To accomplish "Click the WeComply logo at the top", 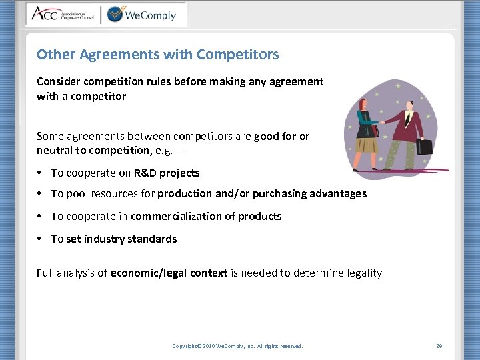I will [x=141, y=14].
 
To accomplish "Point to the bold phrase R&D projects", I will [x=166, y=173].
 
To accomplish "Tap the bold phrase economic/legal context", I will [x=169, y=273].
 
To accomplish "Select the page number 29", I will [x=439, y=346].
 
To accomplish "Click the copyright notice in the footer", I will [x=237, y=346].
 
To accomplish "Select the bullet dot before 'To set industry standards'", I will [x=41, y=239].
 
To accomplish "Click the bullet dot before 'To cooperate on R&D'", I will [x=41, y=173].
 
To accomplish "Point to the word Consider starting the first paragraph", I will [x=57, y=81].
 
